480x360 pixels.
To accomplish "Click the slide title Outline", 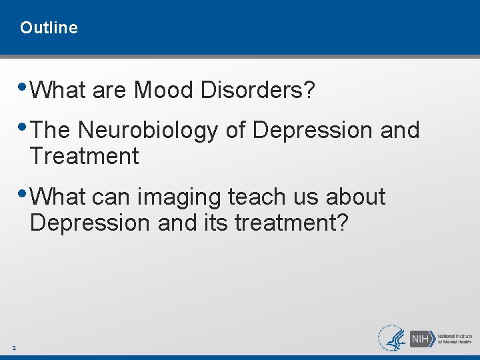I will click(x=49, y=28).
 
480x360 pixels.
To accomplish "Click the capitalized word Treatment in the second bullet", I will click(x=84, y=157).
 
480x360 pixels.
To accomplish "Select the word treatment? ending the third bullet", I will click(x=291, y=223).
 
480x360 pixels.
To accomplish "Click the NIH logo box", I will click(x=421, y=338).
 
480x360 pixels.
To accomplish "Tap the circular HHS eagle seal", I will click(x=393, y=338).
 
